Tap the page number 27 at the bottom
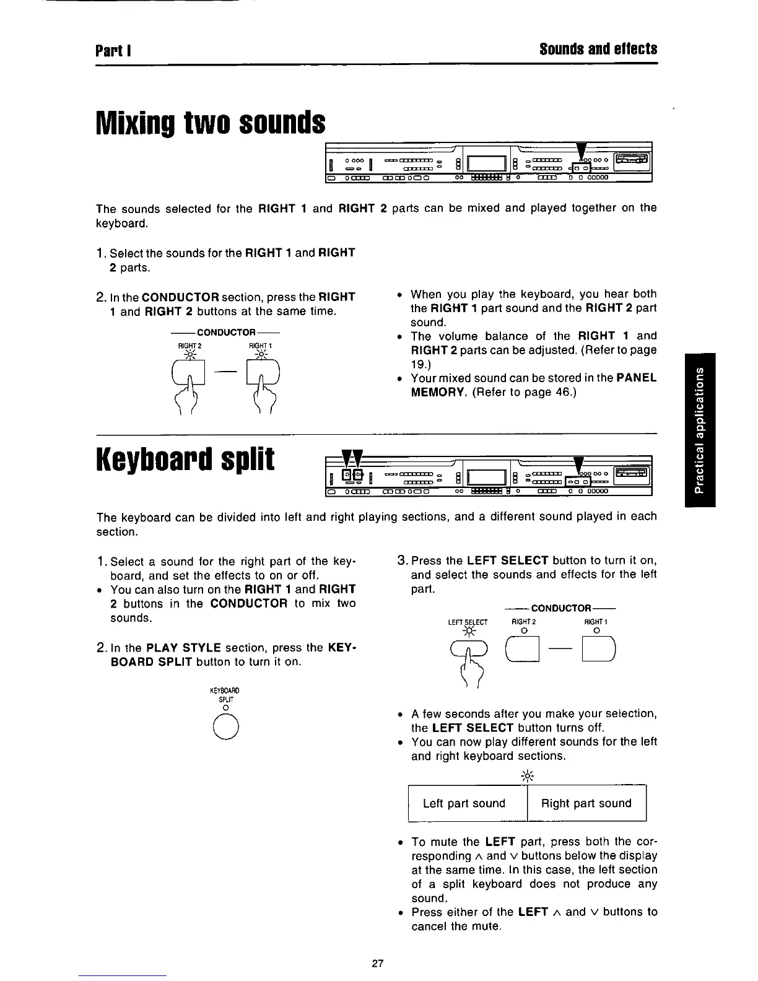[378, 963]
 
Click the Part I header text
[111, 49]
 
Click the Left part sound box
[464, 803]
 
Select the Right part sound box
[586, 803]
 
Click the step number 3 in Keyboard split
[401, 561]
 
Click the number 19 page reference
[418, 364]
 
